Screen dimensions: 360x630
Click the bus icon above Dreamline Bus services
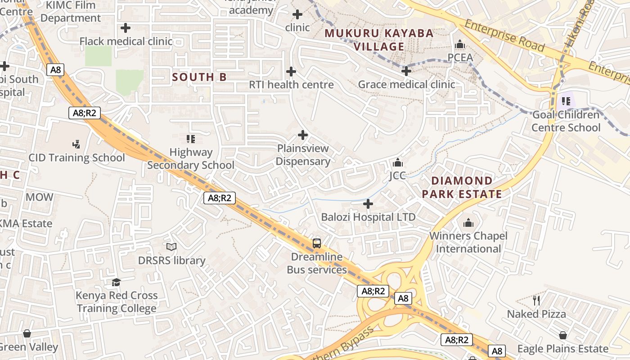tap(317, 243)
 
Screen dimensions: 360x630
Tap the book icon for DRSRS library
tap(171, 247)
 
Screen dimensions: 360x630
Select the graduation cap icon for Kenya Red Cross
tap(117, 282)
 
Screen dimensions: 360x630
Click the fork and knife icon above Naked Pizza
tap(536, 300)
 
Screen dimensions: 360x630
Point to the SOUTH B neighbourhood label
tap(199, 77)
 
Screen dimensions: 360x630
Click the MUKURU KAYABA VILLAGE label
tap(379, 40)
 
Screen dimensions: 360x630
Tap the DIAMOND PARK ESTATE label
tap(462, 187)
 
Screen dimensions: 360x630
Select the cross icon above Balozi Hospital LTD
tap(368, 204)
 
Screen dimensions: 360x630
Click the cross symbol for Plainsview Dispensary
tap(303, 135)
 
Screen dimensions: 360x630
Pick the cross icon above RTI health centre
tap(291, 71)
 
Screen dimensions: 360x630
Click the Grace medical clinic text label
tap(406, 84)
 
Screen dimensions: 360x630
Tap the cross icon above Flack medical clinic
tap(126, 28)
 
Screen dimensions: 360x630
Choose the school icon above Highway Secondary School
tap(190, 139)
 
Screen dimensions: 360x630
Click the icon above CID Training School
tap(76, 144)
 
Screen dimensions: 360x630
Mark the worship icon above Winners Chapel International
tap(468, 223)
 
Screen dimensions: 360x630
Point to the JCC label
tap(397, 175)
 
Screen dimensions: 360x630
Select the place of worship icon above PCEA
tap(460, 45)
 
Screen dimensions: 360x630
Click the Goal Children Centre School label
tap(566, 121)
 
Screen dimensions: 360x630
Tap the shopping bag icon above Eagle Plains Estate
tap(562, 335)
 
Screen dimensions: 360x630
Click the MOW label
tap(39, 197)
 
